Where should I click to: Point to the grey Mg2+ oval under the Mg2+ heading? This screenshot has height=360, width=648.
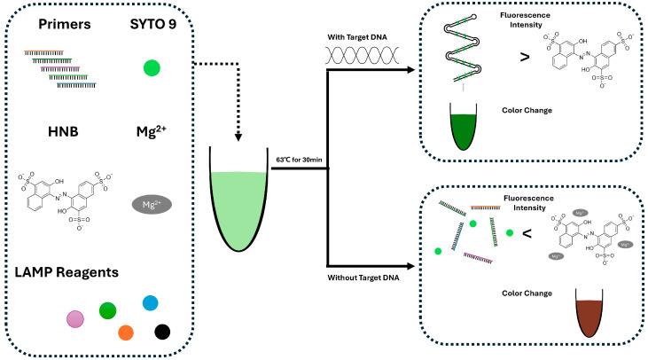(152, 204)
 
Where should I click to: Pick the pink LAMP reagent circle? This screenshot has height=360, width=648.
(77, 317)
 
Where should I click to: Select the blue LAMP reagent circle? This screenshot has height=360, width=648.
(151, 303)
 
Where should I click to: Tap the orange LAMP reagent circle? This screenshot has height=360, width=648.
(127, 333)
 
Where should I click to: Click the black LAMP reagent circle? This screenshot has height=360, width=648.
(162, 332)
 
